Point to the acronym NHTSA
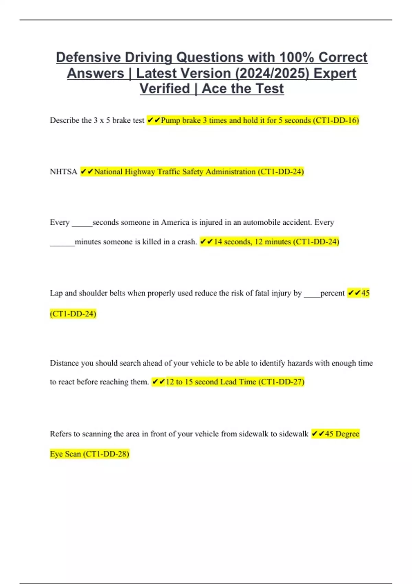tap(64, 172)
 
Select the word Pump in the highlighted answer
tap(171, 120)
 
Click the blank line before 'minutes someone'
tap(62, 244)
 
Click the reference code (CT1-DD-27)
tap(281, 382)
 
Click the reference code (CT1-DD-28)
tap(106, 454)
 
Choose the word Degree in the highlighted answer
tap(347, 434)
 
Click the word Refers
tap(60, 434)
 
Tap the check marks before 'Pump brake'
tap(153, 120)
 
